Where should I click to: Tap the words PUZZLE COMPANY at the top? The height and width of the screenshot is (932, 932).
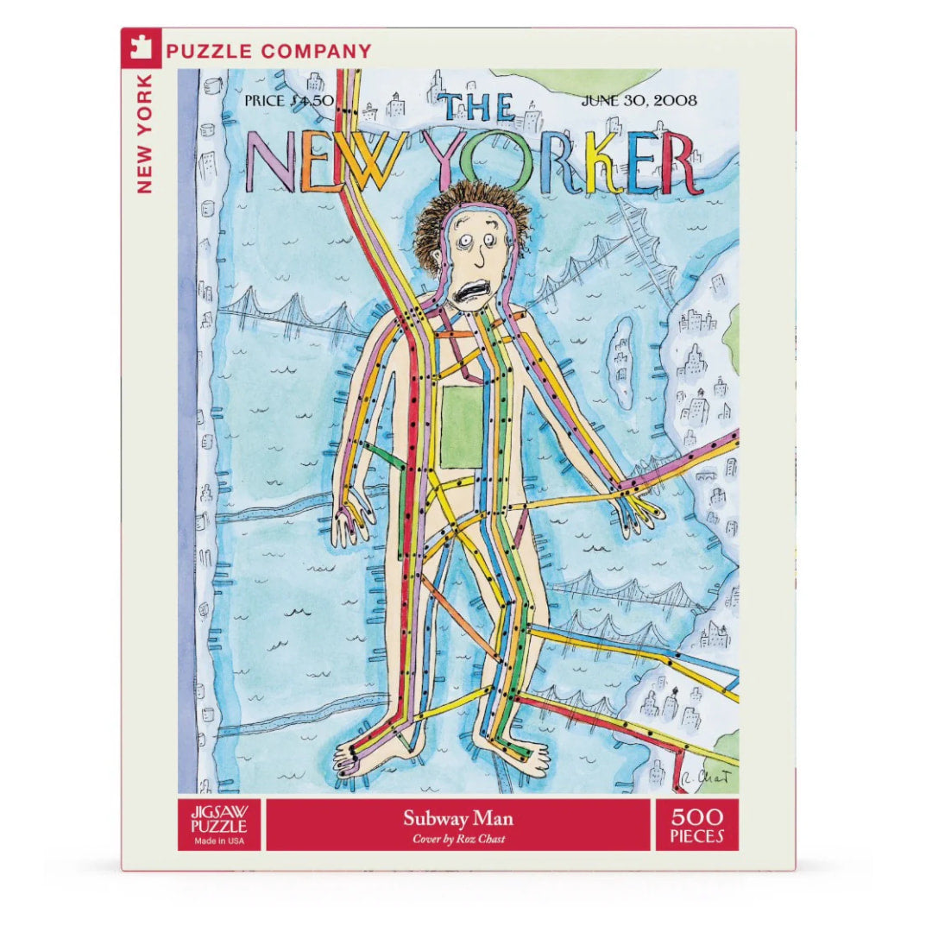(268, 51)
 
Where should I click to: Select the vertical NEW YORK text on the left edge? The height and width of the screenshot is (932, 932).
(144, 133)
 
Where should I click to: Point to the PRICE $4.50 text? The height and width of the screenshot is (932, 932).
(282, 99)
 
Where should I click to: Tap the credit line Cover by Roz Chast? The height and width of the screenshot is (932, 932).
(457, 839)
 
